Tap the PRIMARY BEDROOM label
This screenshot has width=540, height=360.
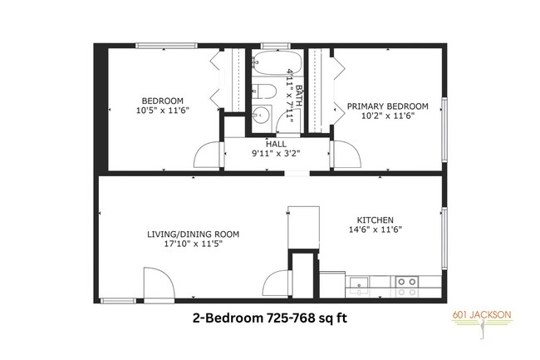pyautogui.click(x=387, y=106)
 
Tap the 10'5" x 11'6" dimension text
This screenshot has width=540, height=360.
pyautogui.click(x=163, y=110)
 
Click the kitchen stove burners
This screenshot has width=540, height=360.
pyautogui.click(x=407, y=286)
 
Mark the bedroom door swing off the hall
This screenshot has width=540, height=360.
pyautogui.click(x=209, y=154)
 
